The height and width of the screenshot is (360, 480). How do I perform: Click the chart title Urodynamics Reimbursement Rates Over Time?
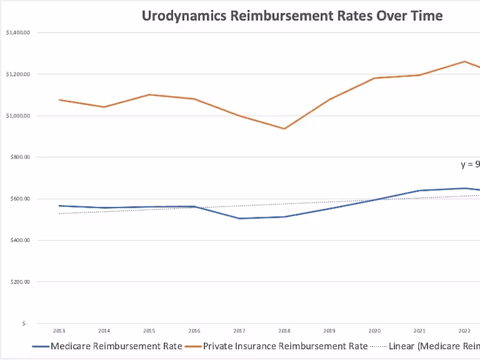(292, 16)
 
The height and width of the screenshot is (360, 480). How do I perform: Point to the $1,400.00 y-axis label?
(17, 32)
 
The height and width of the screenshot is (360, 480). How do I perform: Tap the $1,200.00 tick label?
(17, 74)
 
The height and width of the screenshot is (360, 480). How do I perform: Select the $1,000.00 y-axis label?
(17, 116)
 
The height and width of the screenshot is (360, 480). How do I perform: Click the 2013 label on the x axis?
(59, 331)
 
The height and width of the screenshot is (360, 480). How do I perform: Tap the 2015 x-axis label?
(149, 331)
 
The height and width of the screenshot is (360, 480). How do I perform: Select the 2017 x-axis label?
(239, 331)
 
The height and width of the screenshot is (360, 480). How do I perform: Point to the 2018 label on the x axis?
(284, 331)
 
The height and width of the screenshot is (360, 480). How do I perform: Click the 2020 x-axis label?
(374, 331)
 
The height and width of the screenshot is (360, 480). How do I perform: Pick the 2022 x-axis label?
(464, 331)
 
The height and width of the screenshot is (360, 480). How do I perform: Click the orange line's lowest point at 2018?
(284, 128)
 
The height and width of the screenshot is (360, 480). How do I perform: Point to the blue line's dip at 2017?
(239, 218)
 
